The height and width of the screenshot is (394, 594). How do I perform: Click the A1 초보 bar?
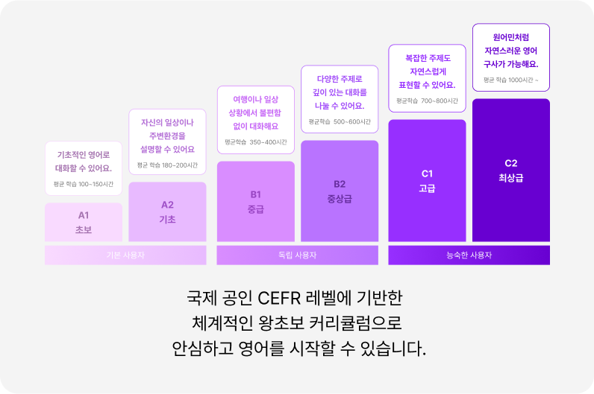[x=84, y=222]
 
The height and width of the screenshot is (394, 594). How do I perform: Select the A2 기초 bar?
[x=167, y=212]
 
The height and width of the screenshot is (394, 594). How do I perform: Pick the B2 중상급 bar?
[x=340, y=191]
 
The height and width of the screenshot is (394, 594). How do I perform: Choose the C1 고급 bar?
[x=427, y=180]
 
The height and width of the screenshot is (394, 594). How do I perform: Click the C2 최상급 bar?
[x=511, y=170]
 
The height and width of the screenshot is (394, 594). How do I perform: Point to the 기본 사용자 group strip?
[x=125, y=255]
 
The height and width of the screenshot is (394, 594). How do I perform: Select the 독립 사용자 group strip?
[x=297, y=255]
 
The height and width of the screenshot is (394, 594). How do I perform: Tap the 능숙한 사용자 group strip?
[x=469, y=255]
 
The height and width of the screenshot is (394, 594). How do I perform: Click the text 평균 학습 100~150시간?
[x=84, y=184]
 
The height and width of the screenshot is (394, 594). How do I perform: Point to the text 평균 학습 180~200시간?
[x=167, y=165]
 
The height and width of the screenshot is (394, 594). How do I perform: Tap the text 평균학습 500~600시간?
[x=340, y=121]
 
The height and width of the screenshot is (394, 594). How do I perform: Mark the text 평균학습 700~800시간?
[x=427, y=101]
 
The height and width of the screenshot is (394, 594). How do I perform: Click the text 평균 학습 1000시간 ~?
[x=511, y=80]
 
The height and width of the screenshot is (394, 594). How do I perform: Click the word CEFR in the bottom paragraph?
[x=278, y=299]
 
